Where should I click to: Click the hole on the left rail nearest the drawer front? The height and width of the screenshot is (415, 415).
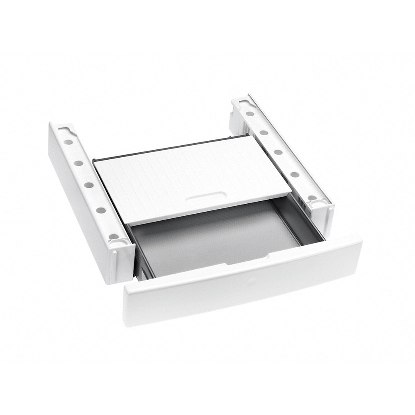point(112,236)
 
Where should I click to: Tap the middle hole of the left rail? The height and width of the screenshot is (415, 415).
point(89,184)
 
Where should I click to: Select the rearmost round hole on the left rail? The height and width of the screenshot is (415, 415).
point(68,142)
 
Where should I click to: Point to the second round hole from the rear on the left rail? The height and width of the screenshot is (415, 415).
point(78,163)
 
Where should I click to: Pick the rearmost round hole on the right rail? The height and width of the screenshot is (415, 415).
point(250,113)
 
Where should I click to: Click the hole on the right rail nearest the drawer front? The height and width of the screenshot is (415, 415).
point(312,198)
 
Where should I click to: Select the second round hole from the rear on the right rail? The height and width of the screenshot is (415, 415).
point(264,132)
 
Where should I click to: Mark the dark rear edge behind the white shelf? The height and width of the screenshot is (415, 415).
point(166,148)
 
